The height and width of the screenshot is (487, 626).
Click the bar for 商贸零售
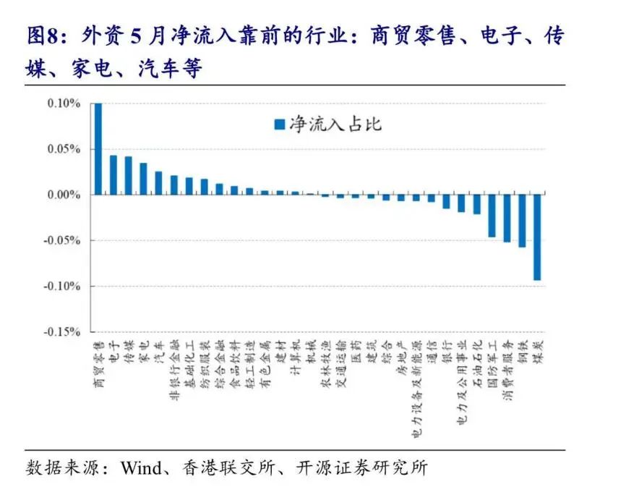(x=98, y=149)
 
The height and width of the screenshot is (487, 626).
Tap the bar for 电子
(x=113, y=175)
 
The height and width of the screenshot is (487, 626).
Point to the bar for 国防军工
(x=492, y=216)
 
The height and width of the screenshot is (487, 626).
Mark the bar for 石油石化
(x=476, y=204)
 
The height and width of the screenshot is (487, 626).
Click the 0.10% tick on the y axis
(x=64, y=103)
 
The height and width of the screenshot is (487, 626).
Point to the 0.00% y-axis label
(x=64, y=195)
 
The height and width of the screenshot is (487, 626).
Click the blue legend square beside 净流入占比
(x=279, y=124)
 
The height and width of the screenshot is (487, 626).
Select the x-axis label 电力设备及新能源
(x=416, y=391)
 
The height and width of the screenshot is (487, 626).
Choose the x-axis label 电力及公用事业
(x=462, y=384)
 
